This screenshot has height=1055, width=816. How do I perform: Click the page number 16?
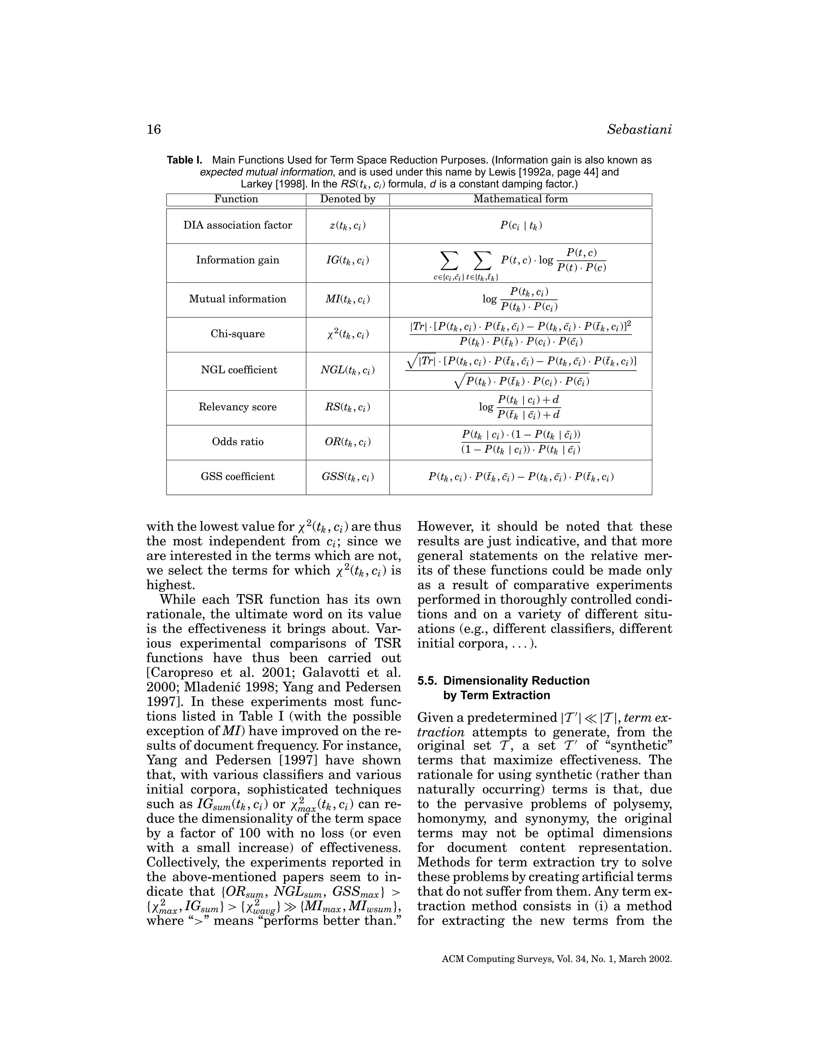click(x=154, y=130)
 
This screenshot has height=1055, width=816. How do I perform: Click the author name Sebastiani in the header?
click(x=639, y=130)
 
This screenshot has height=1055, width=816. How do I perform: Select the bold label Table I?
click(x=184, y=160)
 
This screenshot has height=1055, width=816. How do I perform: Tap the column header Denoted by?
click(x=347, y=199)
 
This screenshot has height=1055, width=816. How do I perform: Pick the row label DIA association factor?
click(x=237, y=225)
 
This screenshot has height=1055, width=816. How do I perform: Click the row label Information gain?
click(x=237, y=260)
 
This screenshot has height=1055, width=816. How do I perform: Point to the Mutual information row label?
click(x=237, y=299)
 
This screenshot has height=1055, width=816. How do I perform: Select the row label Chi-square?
click(x=237, y=334)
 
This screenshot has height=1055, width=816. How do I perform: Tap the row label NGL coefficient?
click(x=237, y=370)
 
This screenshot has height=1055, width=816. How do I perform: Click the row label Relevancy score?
click(x=237, y=407)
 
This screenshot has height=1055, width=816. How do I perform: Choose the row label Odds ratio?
click(x=237, y=442)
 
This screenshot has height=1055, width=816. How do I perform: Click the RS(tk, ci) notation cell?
click(x=347, y=407)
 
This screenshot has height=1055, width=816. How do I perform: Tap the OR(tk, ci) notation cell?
click(x=347, y=442)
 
